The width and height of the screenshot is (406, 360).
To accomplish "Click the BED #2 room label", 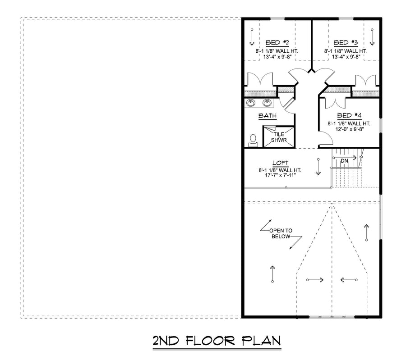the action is point(277,43).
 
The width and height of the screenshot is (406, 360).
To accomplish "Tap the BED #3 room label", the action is point(346,43).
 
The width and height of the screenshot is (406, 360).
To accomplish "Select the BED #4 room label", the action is point(349,116).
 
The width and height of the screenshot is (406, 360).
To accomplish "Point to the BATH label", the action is point(268,116).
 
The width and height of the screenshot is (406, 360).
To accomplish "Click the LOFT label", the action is point(281,163).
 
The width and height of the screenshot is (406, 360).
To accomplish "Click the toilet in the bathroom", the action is point(253,141).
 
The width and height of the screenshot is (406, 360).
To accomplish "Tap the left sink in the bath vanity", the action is point(250,103).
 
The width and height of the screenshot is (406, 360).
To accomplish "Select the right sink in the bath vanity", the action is point(267,103).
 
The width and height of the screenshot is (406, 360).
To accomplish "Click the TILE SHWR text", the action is point(279,137).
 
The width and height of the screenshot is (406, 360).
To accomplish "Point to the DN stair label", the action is point(344,161).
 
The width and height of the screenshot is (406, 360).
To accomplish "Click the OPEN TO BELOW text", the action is point(281,233).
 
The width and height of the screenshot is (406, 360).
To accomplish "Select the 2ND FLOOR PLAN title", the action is point(217,341).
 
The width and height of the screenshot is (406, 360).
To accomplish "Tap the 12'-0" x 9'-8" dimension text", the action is point(350,129).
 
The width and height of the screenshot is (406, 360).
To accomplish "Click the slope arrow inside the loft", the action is point(318,167).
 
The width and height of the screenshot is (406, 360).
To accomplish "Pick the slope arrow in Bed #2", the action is point(252,37).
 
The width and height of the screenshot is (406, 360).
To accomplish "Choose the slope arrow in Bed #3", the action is point(372,37).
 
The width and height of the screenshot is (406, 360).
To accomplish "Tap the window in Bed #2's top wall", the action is point(277,18).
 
